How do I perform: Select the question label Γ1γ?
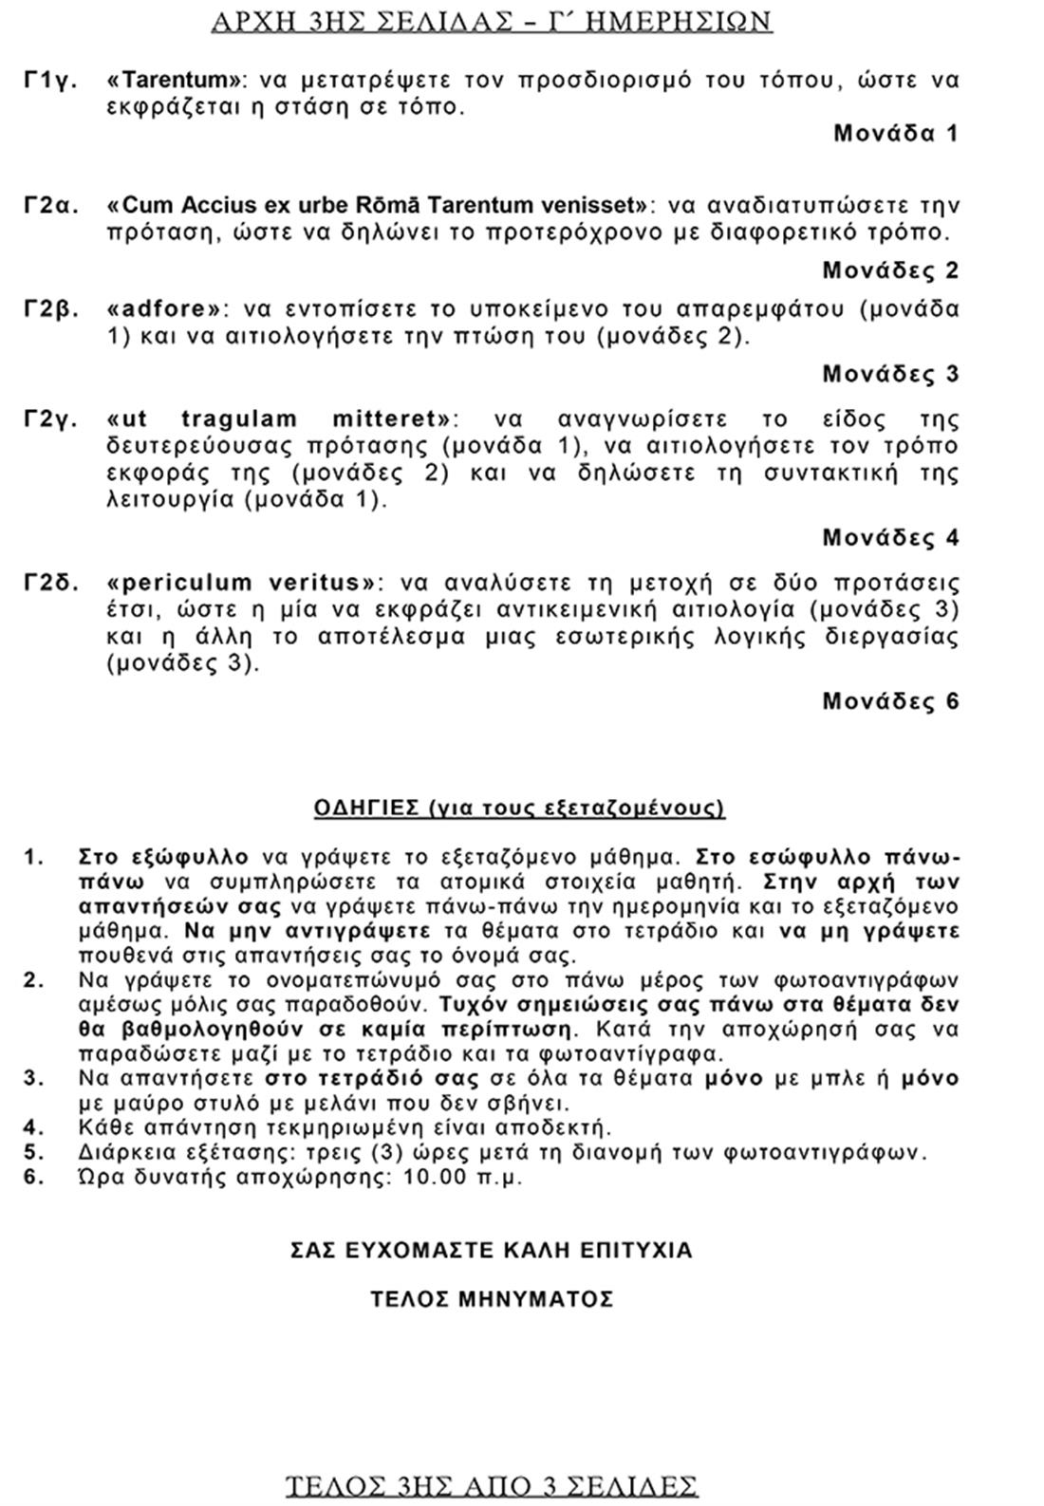tap(50, 80)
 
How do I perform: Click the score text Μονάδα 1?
tap(896, 133)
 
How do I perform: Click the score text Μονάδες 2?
tap(890, 270)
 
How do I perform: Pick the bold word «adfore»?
tap(169, 309)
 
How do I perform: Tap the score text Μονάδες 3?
tap(890, 374)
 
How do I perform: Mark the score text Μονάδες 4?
tap(890, 538)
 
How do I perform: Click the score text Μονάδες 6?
tap(890, 701)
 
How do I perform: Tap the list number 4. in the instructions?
tap(34, 1127)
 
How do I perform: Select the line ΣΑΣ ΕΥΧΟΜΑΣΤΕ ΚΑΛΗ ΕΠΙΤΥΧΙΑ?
tap(492, 1250)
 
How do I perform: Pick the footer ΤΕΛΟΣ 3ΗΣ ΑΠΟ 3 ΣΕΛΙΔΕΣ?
tap(492, 1485)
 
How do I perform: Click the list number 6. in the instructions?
tap(34, 1178)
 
